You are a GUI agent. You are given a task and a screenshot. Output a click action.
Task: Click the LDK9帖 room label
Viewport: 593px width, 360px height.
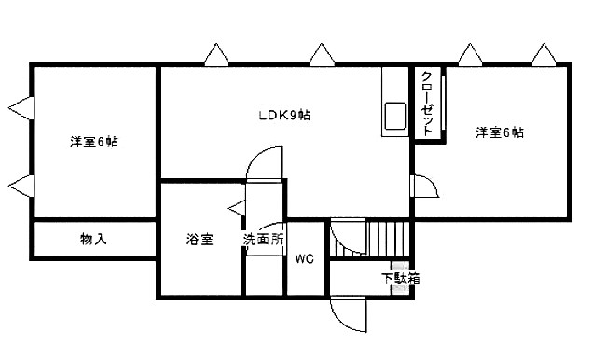click(284, 116)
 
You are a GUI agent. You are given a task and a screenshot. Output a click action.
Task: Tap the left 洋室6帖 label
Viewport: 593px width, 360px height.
click(93, 143)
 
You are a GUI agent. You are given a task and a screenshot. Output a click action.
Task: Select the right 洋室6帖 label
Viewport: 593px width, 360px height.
click(500, 132)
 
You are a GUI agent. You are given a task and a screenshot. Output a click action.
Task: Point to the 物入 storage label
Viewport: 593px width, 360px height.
click(93, 240)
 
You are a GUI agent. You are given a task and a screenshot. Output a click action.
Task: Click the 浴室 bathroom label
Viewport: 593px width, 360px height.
click(199, 240)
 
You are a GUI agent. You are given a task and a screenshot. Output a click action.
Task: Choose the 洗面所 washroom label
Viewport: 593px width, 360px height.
click(264, 240)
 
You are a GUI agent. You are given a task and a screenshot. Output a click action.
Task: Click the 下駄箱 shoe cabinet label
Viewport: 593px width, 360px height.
click(400, 278)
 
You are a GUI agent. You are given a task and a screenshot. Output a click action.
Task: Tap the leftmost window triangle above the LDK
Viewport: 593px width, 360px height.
click(217, 55)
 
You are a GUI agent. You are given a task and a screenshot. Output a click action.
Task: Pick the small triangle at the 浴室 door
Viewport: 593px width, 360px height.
click(233, 211)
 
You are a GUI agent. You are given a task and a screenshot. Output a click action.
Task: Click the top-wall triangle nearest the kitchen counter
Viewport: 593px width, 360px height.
click(323, 55)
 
